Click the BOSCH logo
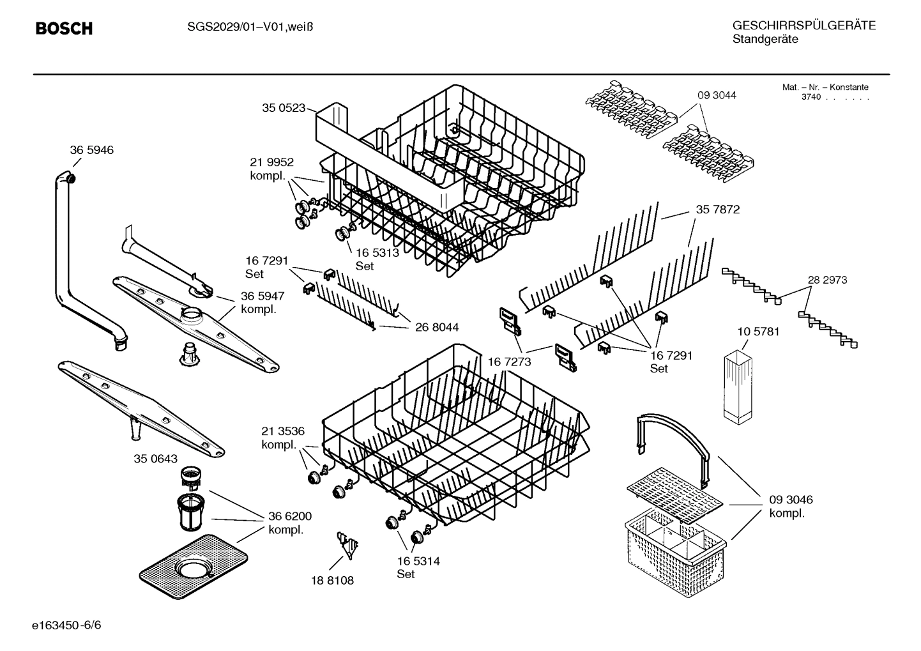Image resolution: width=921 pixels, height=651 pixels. [64, 28]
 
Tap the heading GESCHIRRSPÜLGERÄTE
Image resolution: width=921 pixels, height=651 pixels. [803, 26]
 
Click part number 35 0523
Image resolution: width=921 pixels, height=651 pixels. [284, 108]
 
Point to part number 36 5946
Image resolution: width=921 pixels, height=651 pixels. [91, 150]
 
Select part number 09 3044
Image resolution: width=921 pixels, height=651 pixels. [717, 95]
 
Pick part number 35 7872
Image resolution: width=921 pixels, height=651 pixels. [718, 210]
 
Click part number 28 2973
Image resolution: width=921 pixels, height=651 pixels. [827, 280]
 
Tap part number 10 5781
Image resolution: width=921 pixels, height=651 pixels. [758, 332]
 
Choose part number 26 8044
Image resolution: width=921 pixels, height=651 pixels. [437, 328]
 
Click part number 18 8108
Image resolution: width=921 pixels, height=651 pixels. [332, 580]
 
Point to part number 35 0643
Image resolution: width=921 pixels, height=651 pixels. [156, 459]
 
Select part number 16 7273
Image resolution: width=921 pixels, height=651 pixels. [510, 362]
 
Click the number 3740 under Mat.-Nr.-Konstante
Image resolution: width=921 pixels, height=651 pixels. [811, 97]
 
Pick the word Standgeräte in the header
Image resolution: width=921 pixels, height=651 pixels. [765, 40]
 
